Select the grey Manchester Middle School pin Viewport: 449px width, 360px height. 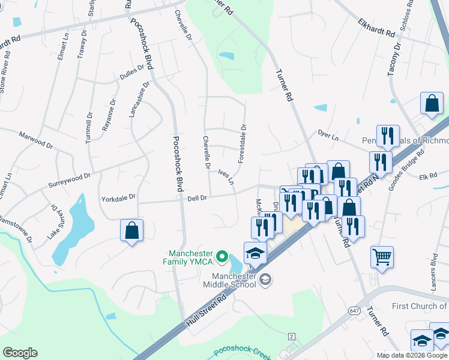(265, 278)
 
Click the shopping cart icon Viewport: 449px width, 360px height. (382, 257)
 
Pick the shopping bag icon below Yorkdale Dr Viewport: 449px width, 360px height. (132, 230)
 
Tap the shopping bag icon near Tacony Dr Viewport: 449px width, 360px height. (432, 104)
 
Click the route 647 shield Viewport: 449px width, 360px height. (354, 309)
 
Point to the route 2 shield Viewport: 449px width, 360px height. (292, 336)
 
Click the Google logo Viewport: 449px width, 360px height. (20, 353)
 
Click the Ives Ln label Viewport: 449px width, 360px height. (226, 176)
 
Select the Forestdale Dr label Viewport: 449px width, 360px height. (243, 144)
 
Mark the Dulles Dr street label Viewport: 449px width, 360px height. (132, 73)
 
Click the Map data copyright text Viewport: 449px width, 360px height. (412, 355)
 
